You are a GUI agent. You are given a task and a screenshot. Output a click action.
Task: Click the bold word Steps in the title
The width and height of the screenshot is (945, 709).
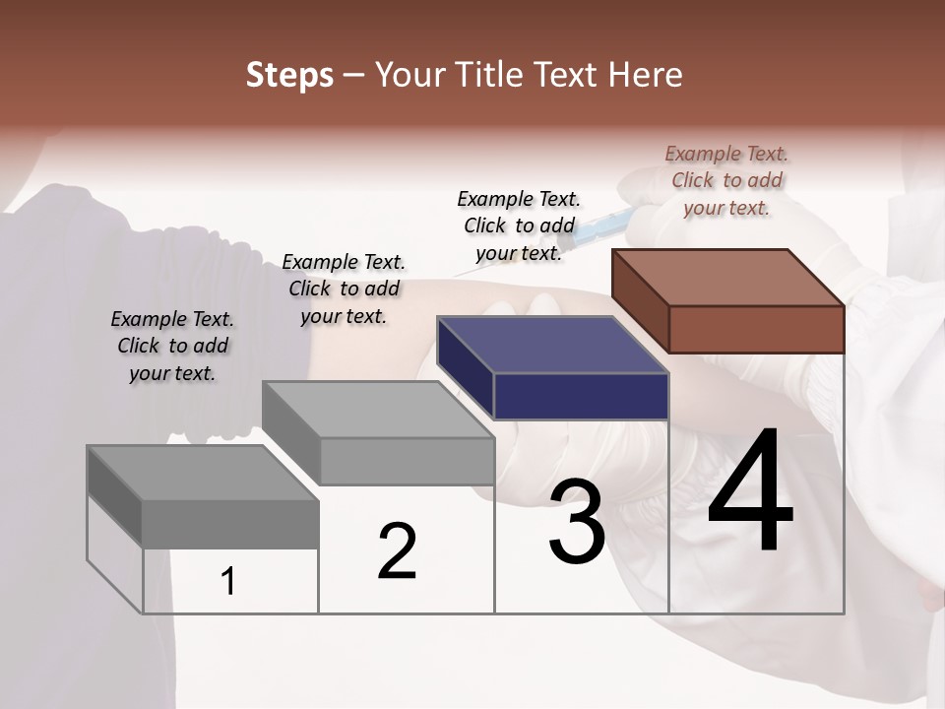click(289, 75)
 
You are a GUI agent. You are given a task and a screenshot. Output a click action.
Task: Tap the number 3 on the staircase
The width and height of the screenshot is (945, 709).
click(576, 522)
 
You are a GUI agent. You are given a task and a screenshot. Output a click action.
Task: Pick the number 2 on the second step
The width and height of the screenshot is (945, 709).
click(397, 551)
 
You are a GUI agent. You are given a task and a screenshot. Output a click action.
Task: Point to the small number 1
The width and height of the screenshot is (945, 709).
click(228, 581)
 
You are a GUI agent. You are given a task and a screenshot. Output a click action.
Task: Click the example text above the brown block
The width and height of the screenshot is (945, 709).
click(726, 180)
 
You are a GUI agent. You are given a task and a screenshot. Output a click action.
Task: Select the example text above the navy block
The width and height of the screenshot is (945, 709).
click(519, 226)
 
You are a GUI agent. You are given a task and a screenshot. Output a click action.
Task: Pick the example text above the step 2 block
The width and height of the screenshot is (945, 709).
click(344, 289)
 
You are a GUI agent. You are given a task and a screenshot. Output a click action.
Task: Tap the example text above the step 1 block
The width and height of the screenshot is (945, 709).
click(172, 346)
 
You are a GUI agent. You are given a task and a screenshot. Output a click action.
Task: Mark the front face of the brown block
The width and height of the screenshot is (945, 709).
click(756, 329)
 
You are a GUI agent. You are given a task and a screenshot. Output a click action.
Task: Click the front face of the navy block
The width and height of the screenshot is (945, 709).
click(581, 396)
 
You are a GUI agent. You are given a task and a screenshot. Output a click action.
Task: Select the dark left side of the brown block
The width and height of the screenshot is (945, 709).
click(640, 302)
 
